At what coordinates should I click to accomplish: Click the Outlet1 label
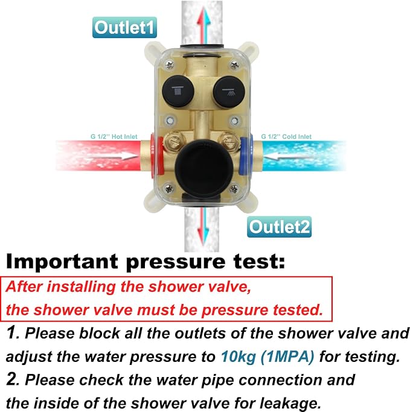tap(124, 27)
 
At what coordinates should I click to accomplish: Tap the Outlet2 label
tap(280, 227)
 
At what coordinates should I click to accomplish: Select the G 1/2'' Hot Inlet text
tap(114, 137)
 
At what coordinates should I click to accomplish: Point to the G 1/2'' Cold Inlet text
tap(286, 137)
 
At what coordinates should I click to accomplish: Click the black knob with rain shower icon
tap(178, 91)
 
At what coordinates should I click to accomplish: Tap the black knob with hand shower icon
tap(229, 92)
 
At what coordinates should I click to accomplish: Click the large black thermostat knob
tap(204, 169)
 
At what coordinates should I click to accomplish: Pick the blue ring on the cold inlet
tap(246, 155)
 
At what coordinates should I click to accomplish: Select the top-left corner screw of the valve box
tap(169, 64)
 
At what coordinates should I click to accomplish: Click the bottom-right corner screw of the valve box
tap(234, 189)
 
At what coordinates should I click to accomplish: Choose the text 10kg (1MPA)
tap(267, 357)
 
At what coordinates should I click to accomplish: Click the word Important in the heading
tap(62, 261)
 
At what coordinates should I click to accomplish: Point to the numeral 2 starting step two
tap(11, 379)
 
